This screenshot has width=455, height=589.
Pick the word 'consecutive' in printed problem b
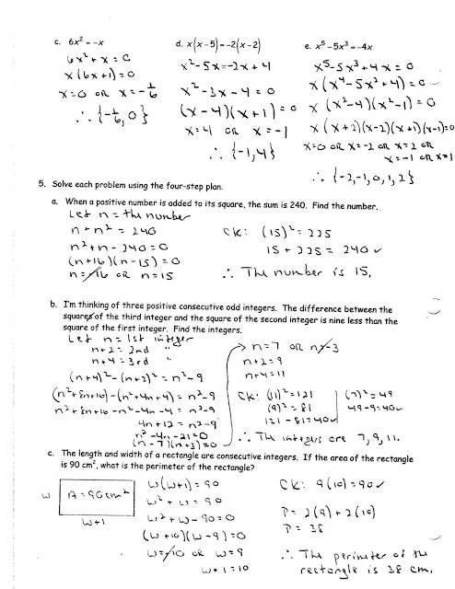click(x=201, y=313)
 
